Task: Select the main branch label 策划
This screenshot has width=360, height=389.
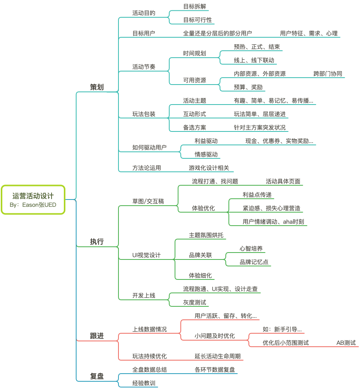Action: tap(97, 87)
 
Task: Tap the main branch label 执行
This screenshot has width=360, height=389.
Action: tap(97, 242)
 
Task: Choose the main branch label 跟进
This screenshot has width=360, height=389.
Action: tap(97, 336)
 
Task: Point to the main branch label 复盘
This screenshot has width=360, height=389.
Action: tap(97, 376)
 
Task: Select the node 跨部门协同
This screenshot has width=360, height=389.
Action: tap(328, 74)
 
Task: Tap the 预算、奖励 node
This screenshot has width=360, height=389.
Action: tap(248, 87)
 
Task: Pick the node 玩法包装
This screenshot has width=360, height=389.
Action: tap(144, 114)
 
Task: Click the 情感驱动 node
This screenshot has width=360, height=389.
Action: tap(206, 155)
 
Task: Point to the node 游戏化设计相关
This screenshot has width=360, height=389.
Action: tap(209, 168)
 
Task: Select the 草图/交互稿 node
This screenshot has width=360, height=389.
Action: tap(148, 201)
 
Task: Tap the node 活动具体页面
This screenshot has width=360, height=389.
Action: tap(283, 181)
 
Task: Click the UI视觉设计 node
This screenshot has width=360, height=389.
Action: tap(147, 255)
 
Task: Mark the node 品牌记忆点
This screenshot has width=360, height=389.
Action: tap(254, 262)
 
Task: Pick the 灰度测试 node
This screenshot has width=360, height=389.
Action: tap(195, 303)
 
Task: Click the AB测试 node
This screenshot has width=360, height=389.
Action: tap(346, 343)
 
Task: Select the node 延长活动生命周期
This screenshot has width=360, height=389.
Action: tap(218, 356)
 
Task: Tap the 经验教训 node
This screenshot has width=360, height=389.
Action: tap(144, 383)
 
